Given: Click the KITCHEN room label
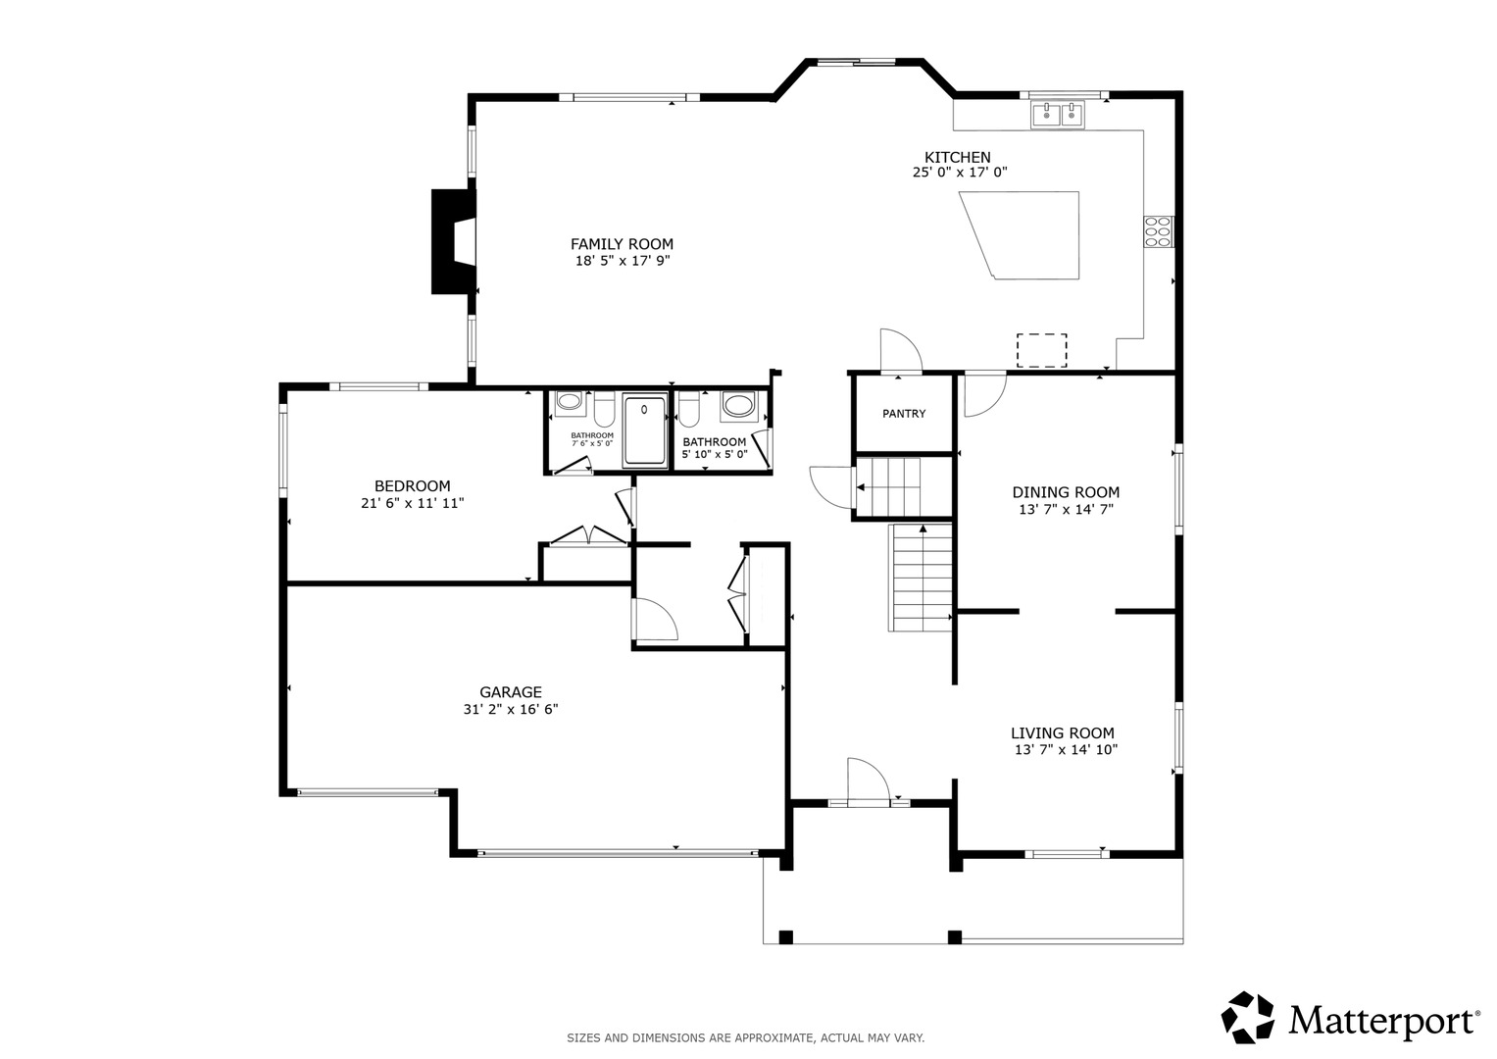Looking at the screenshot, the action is pyautogui.click(x=957, y=158).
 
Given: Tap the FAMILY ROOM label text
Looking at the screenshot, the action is pyautogui.click(x=622, y=244).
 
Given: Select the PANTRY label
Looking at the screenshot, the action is pyautogui.click(x=904, y=414).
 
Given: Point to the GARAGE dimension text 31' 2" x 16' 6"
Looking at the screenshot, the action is pyautogui.click(x=511, y=709).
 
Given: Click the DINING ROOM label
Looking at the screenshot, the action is pyautogui.click(x=1066, y=492).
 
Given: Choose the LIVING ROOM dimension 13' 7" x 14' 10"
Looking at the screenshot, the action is pyautogui.click(x=1066, y=749).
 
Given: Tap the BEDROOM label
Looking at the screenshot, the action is pyautogui.click(x=413, y=486).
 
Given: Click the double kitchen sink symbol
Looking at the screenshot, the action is pyautogui.click(x=1058, y=115).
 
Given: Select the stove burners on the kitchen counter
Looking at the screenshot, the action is pyautogui.click(x=1159, y=231).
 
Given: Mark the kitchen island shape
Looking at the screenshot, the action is pyautogui.click(x=1029, y=235).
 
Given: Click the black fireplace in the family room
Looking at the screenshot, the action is pyautogui.click(x=453, y=241).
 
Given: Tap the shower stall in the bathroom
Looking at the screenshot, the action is pyautogui.click(x=644, y=429).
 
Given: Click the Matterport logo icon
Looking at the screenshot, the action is pyautogui.click(x=1247, y=1018).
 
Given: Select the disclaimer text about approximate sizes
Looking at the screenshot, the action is pyautogui.click(x=746, y=1038).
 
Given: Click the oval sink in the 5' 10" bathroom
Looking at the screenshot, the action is pyautogui.click(x=738, y=405).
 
